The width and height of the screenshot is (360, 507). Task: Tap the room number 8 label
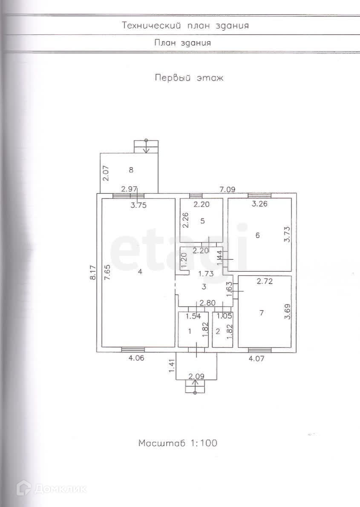[x=131, y=170]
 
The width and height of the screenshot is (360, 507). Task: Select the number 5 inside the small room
[x=203, y=221]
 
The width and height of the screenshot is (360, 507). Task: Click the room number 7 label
[x=262, y=313]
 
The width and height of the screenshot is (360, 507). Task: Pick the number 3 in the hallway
[x=204, y=287]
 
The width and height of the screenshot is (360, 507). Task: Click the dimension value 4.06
[x=136, y=358]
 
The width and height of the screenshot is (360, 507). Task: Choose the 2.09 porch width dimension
[x=197, y=376]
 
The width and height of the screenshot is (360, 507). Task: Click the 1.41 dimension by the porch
[x=172, y=367]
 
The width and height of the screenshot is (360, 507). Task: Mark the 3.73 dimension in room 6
[x=288, y=234]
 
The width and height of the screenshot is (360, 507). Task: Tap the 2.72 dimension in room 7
[x=265, y=281]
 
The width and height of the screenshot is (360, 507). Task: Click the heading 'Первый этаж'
[x=189, y=78]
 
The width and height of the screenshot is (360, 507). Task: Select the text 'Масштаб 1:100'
[x=178, y=443]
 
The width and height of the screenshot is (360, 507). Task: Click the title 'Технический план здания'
[x=185, y=26]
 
